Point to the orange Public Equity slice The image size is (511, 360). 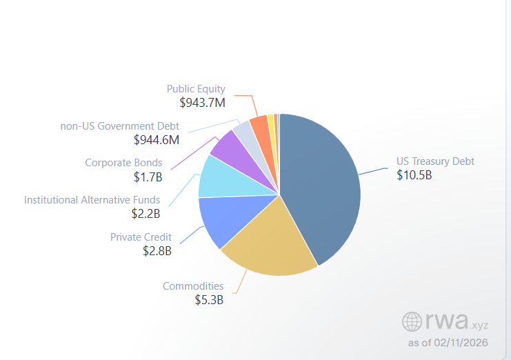259,126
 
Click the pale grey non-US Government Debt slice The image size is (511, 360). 243,130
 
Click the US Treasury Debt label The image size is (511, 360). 435,161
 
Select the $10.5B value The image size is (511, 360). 414,175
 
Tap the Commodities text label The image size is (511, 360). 193,286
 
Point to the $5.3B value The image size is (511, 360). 209,299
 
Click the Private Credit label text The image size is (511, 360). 141,237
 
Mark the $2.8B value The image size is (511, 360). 157,251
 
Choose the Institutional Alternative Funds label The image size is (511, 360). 92,200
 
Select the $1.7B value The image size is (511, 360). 148,177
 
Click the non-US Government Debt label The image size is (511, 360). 119,126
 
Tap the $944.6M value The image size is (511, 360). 157,140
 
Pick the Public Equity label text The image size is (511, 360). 196,89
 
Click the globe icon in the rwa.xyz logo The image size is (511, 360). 412,321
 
